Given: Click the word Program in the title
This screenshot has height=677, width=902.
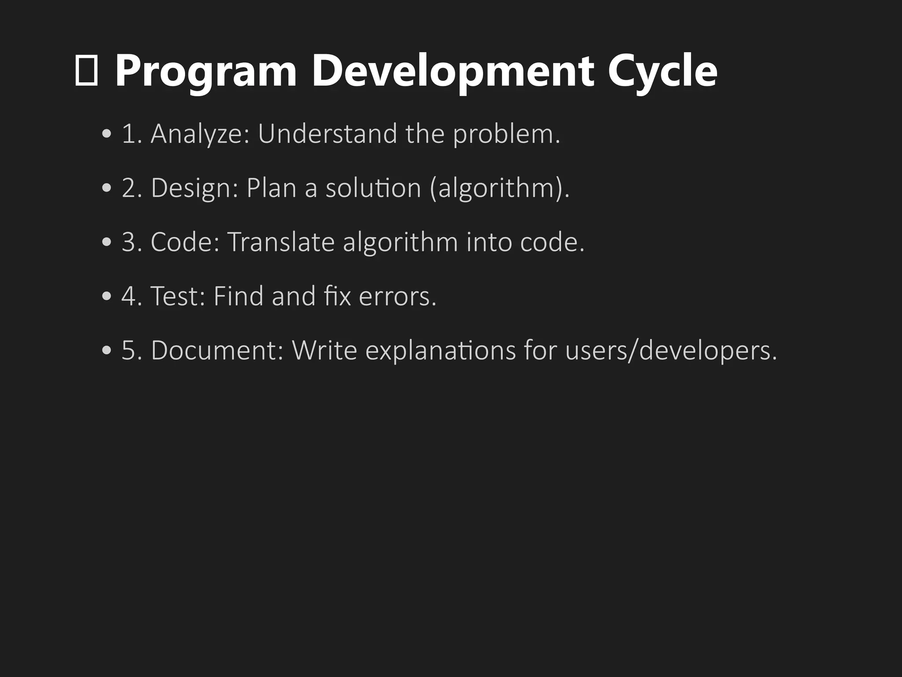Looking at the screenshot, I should pyautogui.click(x=206, y=71).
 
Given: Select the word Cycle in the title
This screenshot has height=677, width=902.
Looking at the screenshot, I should pyautogui.click(x=662, y=71).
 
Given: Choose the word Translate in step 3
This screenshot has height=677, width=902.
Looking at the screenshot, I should pyautogui.click(x=281, y=242).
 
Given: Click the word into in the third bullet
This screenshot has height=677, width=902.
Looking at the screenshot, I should pyautogui.click(x=489, y=242).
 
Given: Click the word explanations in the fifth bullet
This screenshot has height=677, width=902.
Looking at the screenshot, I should pyautogui.click(x=440, y=350).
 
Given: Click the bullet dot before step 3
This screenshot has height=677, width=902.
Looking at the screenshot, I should pyautogui.click(x=107, y=243).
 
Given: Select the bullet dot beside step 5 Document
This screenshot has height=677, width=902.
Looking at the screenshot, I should pyautogui.click(x=107, y=351).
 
